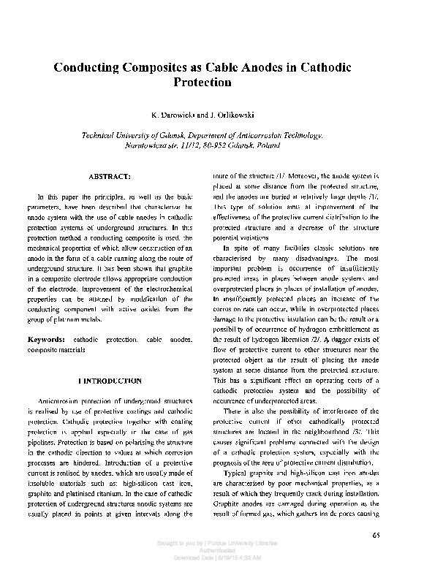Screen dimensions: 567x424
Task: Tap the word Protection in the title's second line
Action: pyautogui.click(x=202, y=83)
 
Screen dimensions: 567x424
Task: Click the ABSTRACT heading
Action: pyautogui.click(x=109, y=177)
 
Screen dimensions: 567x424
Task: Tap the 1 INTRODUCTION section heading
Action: pyautogui.click(x=110, y=381)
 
